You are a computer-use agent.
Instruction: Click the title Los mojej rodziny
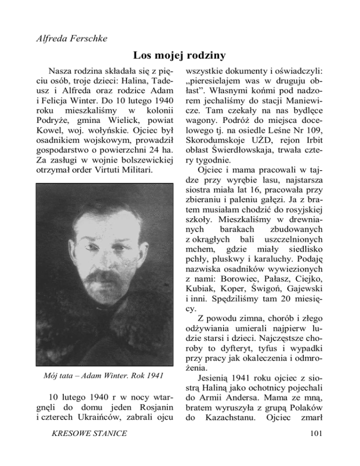click(x=180, y=56)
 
